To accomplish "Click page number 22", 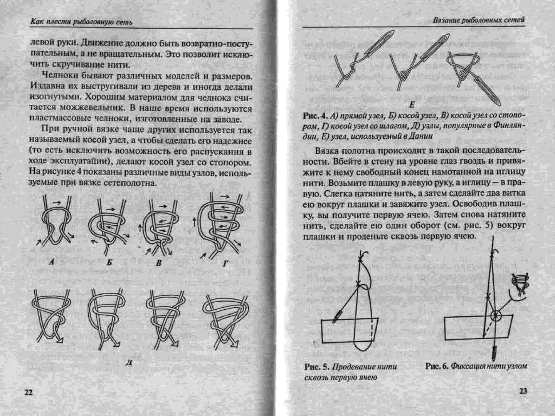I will [x=29, y=393].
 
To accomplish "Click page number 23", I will [x=523, y=391].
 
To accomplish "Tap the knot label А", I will [x=52, y=263].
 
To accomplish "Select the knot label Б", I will [x=109, y=263].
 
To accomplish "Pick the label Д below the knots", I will [x=129, y=362].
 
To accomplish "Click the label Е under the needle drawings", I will [x=412, y=105].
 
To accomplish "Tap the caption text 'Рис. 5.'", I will [x=316, y=367].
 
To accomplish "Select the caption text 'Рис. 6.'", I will [x=437, y=366].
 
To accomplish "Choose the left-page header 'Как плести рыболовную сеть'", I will [x=81, y=22].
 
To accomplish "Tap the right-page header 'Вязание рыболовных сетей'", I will [x=478, y=20].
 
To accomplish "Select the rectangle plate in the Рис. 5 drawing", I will [x=349, y=330].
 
